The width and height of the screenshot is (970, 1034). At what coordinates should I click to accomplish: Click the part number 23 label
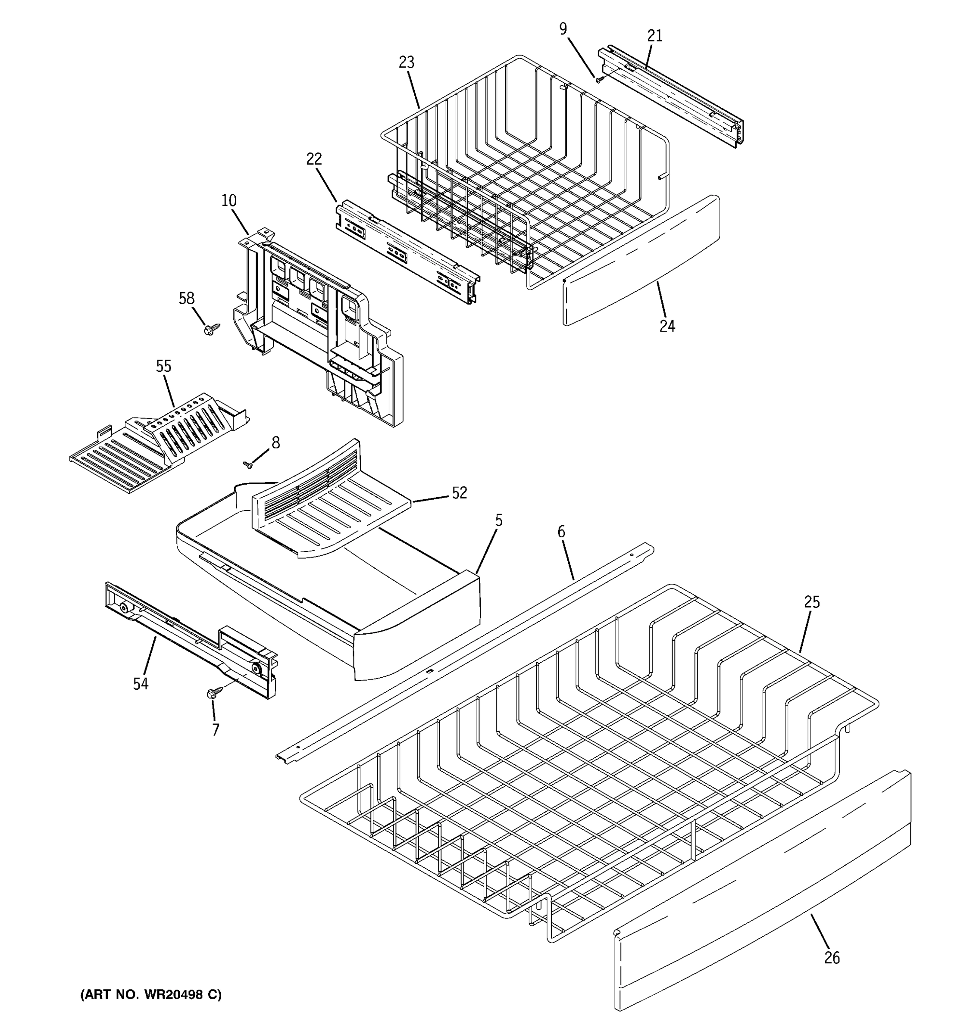click(407, 62)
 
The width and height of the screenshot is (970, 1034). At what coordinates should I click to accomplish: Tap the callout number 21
click(655, 36)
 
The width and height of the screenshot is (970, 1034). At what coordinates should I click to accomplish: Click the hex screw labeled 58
click(212, 328)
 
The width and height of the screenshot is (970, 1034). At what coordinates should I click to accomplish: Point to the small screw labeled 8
click(248, 464)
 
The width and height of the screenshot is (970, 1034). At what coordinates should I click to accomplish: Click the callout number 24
click(667, 326)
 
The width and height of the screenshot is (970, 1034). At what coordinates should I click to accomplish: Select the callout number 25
click(812, 602)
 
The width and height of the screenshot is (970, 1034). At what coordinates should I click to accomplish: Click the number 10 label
click(229, 200)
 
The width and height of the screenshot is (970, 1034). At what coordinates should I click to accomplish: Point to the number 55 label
click(163, 366)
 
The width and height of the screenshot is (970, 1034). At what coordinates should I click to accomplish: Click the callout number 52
click(459, 492)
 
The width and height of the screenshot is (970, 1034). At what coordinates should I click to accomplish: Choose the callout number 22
click(314, 159)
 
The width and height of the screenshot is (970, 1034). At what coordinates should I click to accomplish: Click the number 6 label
click(561, 532)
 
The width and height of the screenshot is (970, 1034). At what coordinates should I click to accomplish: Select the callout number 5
click(498, 520)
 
